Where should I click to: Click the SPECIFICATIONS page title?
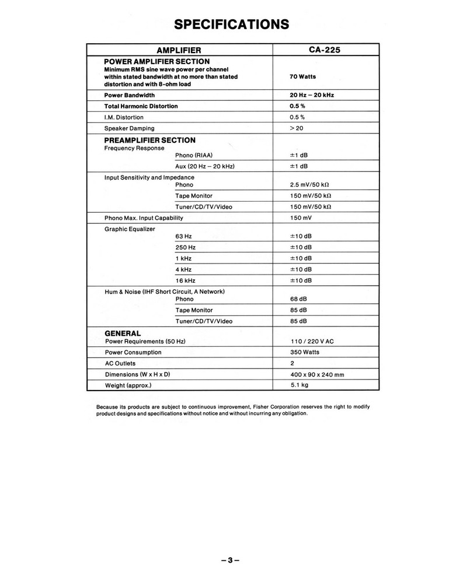(232, 24)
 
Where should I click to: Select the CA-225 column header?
(325, 50)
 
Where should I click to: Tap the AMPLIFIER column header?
(179, 50)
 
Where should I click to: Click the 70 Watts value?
(302, 76)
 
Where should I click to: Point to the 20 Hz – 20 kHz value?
(312, 95)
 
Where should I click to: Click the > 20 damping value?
(297, 128)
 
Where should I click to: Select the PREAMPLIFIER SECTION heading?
(149, 141)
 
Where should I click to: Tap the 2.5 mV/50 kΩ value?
(310, 185)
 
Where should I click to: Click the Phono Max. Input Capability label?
(144, 218)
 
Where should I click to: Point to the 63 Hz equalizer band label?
(183, 237)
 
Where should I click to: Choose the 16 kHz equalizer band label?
(185, 280)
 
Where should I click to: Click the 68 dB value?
(298, 299)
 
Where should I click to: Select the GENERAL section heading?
(122, 333)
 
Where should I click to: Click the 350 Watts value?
(305, 352)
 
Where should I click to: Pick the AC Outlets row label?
(120, 363)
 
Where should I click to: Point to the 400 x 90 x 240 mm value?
(317, 374)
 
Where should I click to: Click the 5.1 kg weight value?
(300, 385)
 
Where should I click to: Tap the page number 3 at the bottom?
(231, 561)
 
